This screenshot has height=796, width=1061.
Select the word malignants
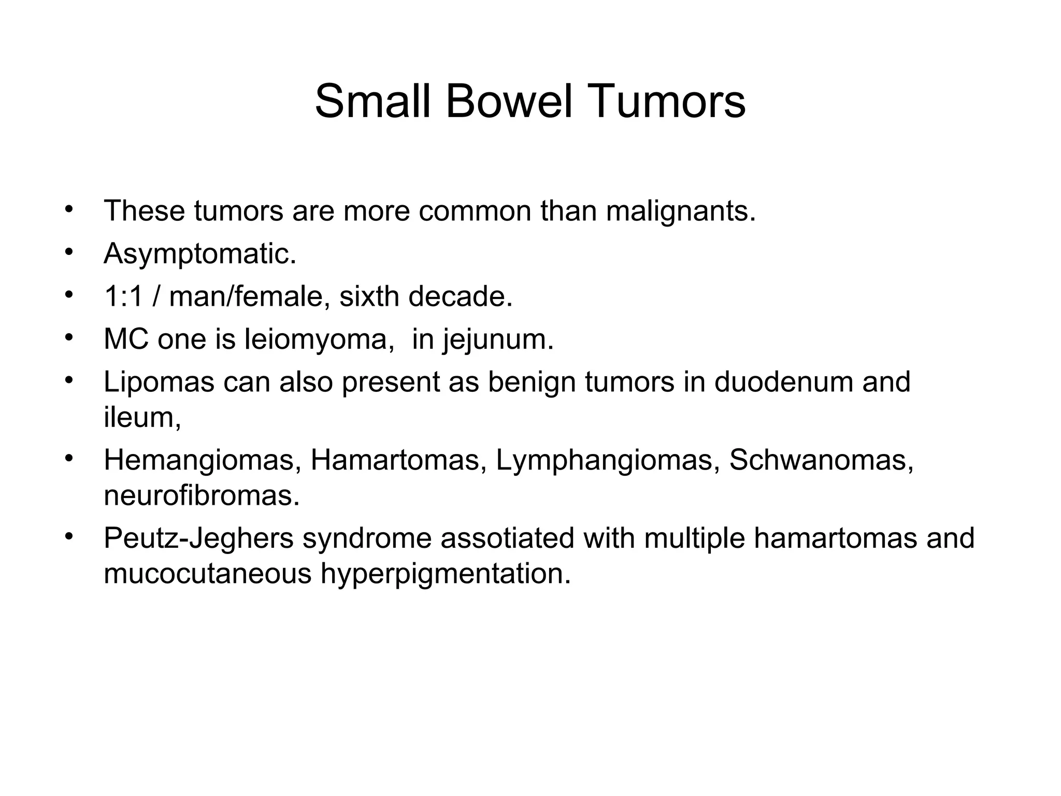(680, 211)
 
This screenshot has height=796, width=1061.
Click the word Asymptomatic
(200, 254)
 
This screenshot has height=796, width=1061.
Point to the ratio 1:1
(123, 296)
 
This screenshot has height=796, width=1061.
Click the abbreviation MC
(126, 339)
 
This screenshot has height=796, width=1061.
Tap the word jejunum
(498, 339)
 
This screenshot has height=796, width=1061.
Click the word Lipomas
(159, 382)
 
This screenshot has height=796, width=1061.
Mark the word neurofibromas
(202, 495)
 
